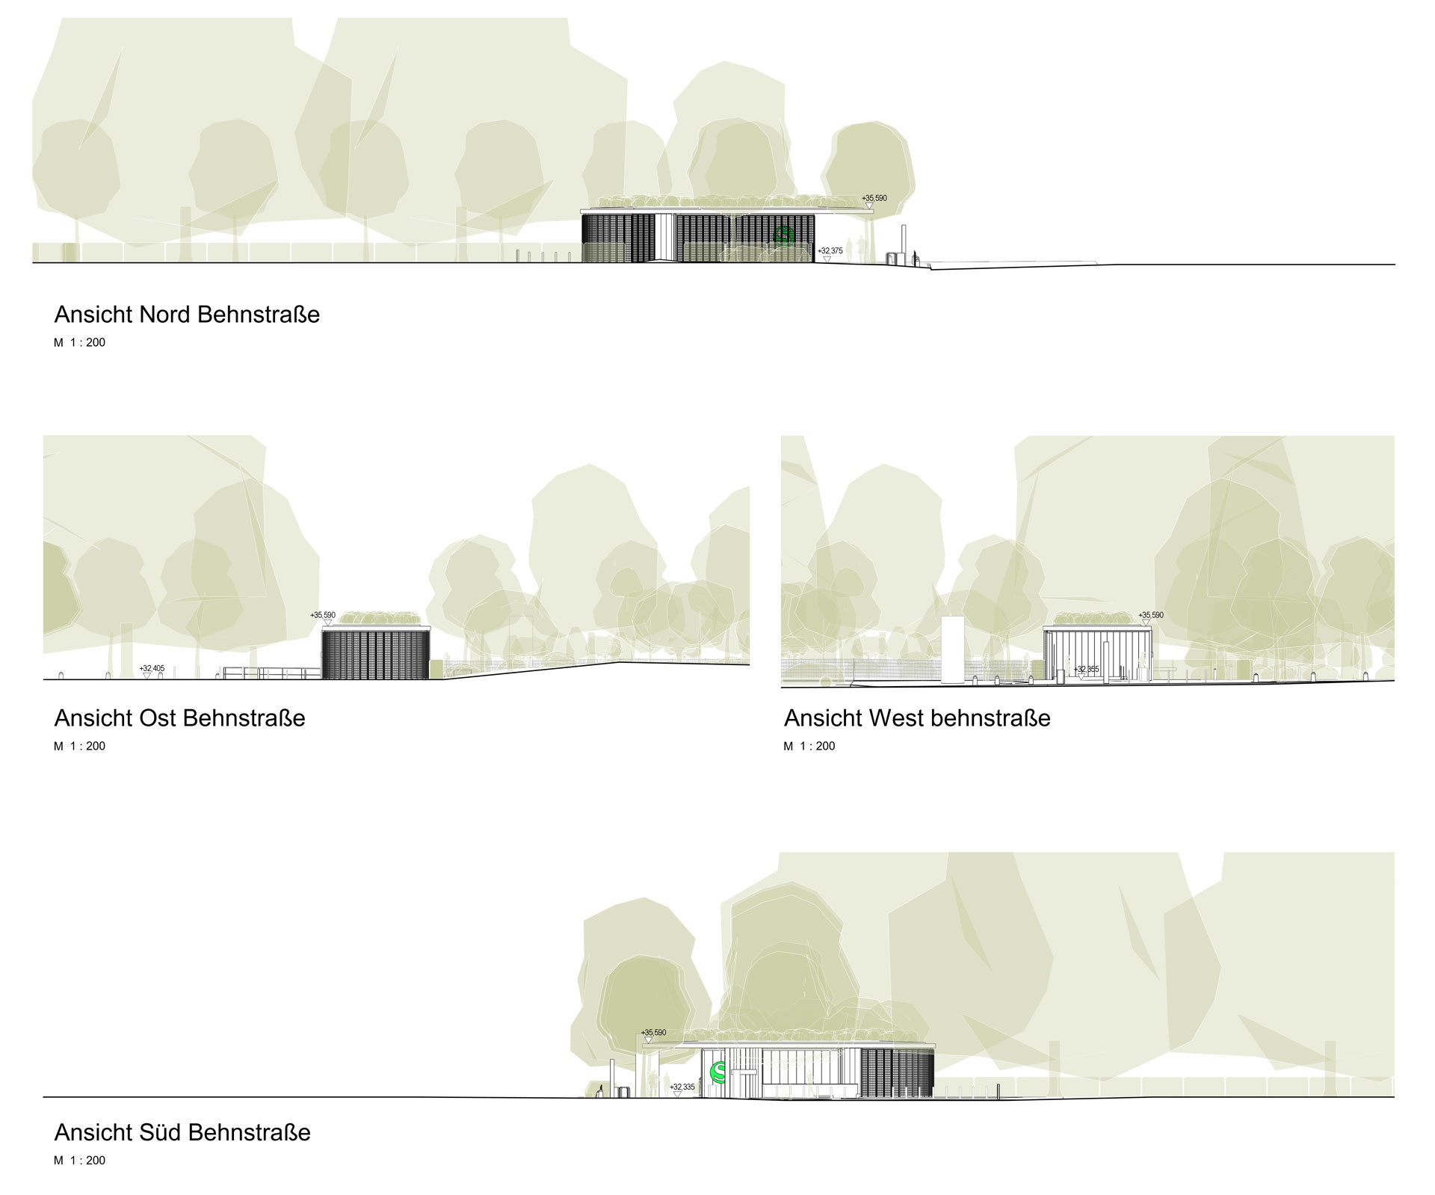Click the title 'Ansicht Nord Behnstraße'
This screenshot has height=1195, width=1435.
(x=187, y=315)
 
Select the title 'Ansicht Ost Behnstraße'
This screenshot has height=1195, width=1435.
(x=179, y=718)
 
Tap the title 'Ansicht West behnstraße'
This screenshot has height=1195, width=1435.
(x=917, y=718)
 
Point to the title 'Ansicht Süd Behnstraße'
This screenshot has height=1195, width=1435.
(x=182, y=1132)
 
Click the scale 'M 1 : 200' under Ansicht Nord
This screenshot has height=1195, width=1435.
(x=79, y=343)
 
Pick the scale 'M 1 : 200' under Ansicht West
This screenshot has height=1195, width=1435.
(x=809, y=746)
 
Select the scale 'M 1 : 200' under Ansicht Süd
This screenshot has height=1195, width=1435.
(x=79, y=1161)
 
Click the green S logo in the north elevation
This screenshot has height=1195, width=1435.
(x=784, y=235)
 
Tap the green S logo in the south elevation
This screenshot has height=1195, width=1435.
(x=718, y=1072)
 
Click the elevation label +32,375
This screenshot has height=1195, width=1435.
(x=830, y=251)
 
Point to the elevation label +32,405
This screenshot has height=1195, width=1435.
(x=152, y=668)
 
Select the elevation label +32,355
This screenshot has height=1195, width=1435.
(x=1086, y=669)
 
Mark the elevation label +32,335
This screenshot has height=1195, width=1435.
(x=682, y=1087)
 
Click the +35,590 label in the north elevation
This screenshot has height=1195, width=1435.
(x=874, y=198)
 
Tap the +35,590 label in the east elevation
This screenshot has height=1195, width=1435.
(x=323, y=615)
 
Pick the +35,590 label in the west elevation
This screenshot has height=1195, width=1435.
(x=1151, y=615)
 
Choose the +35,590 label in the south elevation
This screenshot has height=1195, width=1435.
(x=652, y=1032)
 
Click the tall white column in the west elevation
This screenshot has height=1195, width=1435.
(x=952, y=649)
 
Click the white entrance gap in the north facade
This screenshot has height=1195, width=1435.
(x=667, y=238)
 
